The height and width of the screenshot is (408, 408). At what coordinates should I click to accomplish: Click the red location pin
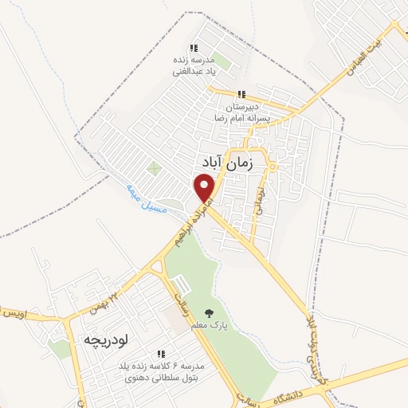coord(205,188)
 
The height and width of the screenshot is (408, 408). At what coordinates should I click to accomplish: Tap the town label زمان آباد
coord(238,163)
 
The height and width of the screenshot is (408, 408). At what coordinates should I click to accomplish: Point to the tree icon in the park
coord(209,313)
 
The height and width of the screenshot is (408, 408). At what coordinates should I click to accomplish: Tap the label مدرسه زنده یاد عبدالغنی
coord(194,65)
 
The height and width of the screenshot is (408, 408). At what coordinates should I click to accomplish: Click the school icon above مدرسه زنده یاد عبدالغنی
coord(194,48)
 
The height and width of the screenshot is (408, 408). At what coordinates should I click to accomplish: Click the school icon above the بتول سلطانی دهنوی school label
coord(162,354)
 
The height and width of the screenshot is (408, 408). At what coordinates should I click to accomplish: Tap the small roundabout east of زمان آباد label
coord(273,167)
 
